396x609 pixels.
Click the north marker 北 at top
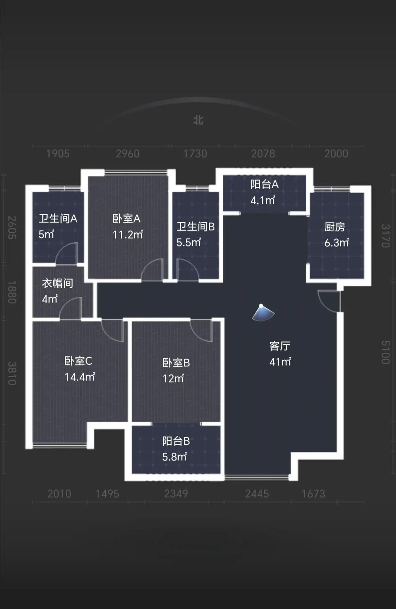pos(198,120)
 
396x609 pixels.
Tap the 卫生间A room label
pos(58,219)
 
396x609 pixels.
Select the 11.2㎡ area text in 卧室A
pos(127,234)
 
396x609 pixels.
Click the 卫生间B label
pos(195,226)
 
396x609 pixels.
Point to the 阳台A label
pos(264,184)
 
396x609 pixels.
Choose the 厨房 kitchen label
pos(334,227)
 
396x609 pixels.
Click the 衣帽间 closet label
pos(57,283)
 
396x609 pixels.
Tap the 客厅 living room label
pos(280,346)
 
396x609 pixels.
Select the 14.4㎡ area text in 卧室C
pos(80,377)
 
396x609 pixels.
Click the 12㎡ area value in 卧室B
pos(173,378)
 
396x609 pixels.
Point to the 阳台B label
pos(176,441)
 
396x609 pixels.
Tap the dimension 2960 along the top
pos(128,154)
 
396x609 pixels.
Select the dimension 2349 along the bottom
pos(176,494)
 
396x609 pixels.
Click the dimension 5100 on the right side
pos(385,352)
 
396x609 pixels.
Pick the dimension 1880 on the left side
pos(12,292)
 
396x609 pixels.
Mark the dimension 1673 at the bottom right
pos(313,494)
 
